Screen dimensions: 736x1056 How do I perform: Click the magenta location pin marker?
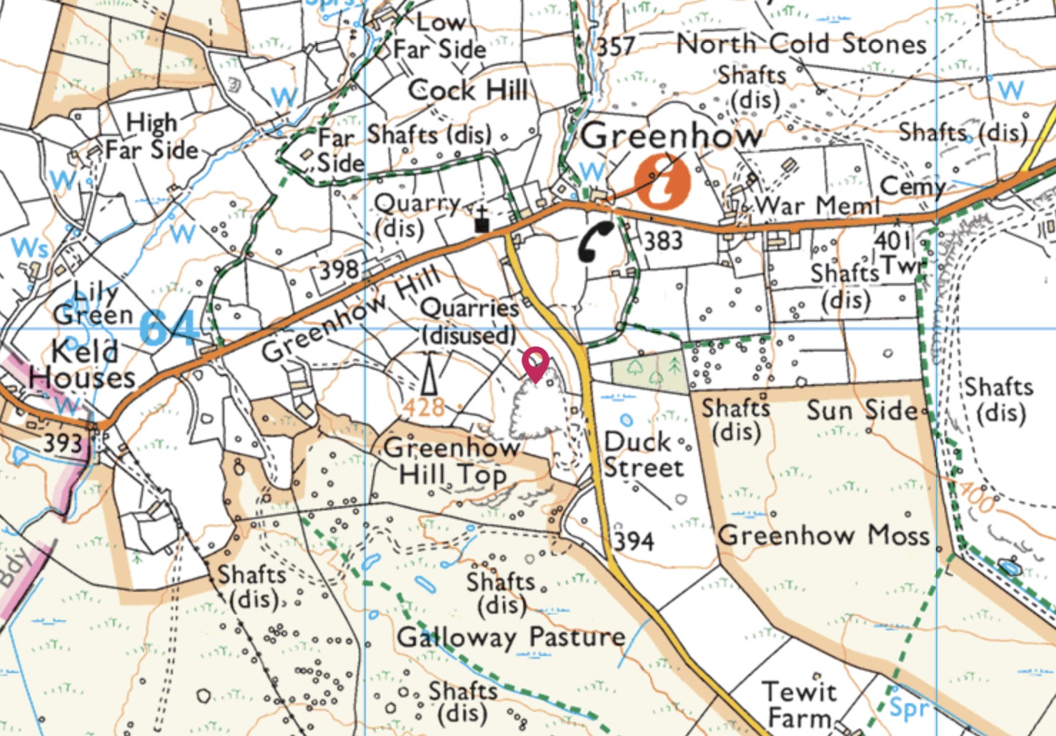point(535,363)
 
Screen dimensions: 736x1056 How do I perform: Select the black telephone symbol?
point(594,242)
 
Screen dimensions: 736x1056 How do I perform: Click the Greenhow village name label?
point(670,136)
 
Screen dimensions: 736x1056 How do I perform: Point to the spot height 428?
point(424,408)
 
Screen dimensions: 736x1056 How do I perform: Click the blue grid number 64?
point(169,328)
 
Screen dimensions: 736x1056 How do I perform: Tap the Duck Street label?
point(643,454)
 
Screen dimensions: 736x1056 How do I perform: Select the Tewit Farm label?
point(799,705)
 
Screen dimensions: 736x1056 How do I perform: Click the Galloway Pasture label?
point(511,637)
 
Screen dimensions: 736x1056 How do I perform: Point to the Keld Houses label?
point(82,364)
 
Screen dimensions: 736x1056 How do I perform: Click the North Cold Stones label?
point(801,44)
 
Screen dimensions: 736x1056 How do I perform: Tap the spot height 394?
point(634,541)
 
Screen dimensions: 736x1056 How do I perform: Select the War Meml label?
point(817,207)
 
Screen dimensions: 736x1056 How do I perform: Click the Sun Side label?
point(862,410)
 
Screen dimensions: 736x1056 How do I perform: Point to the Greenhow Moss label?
point(823,534)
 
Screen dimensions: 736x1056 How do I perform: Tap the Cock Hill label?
point(467,91)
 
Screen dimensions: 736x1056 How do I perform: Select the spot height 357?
point(615,47)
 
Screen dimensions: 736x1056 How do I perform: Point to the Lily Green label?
point(93,303)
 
